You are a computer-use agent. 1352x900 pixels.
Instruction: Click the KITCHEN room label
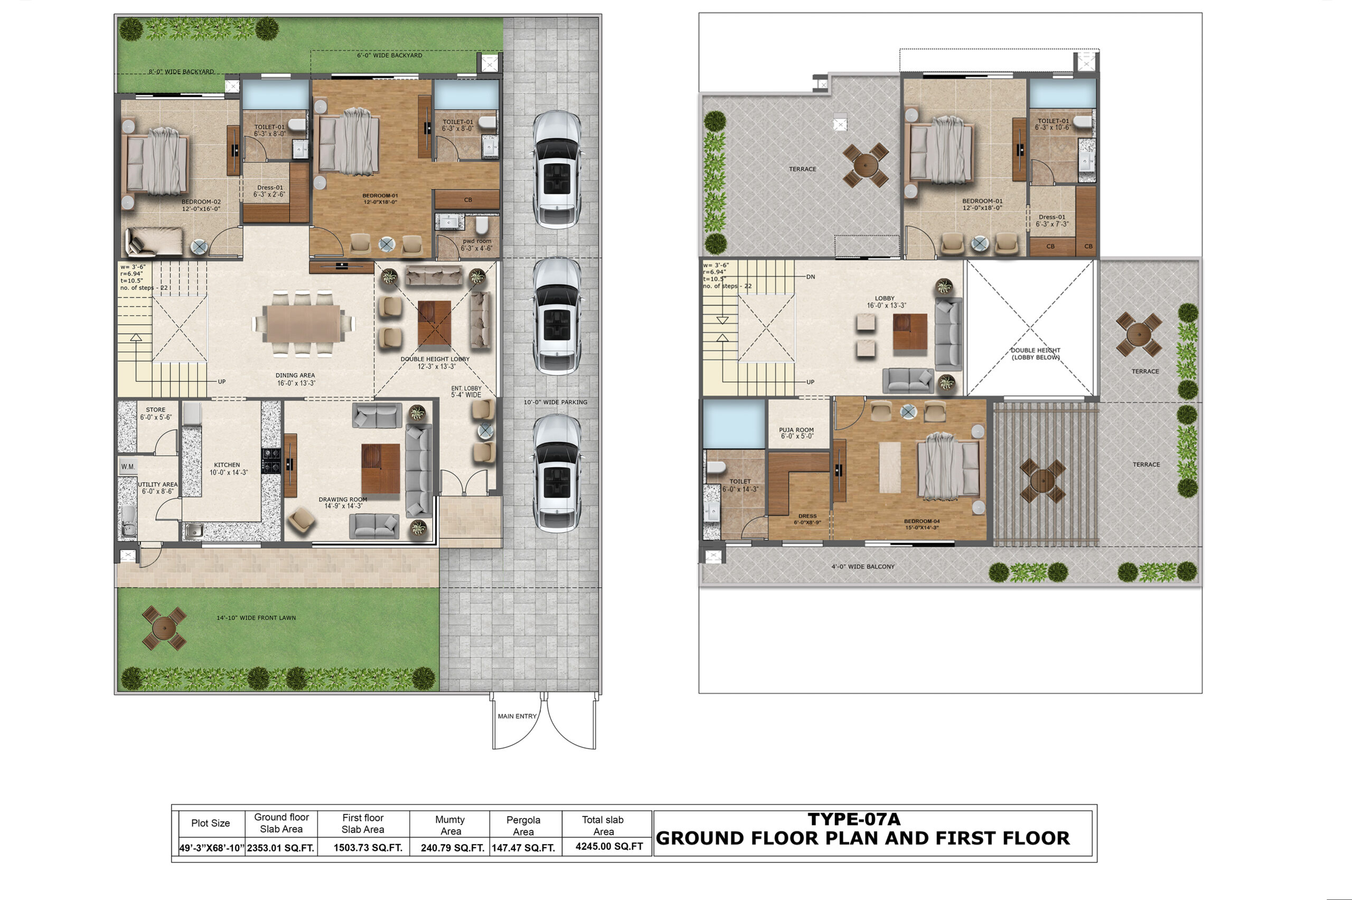[x=227, y=465]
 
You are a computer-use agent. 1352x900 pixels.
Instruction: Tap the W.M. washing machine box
[x=128, y=467]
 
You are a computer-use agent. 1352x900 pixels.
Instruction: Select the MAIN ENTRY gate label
[x=517, y=716]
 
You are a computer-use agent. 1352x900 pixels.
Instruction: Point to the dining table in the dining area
[x=303, y=323]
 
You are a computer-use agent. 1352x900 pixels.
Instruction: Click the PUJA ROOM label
[x=796, y=430]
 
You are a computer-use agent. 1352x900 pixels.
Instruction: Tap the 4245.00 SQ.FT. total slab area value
[x=609, y=847]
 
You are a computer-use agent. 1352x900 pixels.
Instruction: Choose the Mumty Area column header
[x=450, y=826]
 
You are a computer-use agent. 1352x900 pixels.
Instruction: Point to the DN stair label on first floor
[x=810, y=277]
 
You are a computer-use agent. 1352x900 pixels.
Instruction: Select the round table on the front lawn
[x=164, y=628]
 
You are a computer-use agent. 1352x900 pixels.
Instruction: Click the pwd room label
[x=476, y=241]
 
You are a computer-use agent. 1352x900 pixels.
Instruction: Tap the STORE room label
[x=156, y=410]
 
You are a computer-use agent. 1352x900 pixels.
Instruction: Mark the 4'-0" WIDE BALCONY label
[x=863, y=566]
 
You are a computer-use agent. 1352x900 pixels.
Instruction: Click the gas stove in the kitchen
[x=271, y=461]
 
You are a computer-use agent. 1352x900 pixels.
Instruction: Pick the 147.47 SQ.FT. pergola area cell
[x=523, y=848]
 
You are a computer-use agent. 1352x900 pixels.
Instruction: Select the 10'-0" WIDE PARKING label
[x=555, y=402]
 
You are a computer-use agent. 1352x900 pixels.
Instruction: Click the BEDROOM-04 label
[x=922, y=521]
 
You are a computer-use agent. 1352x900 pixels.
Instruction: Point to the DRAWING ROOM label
[x=343, y=499]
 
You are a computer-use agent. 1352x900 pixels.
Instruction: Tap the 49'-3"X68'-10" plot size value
[x=212, y=848]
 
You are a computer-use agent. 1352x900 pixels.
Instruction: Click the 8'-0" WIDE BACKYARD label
[x=182, y=72]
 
